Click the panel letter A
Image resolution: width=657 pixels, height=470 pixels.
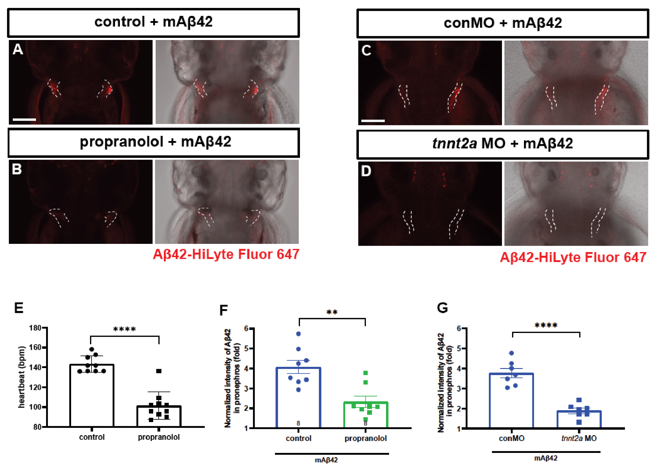click(x=18, y=49)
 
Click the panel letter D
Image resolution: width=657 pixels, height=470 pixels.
click(x=366, y=171)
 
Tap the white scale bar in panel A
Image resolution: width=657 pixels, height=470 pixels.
click(x=24, y=120)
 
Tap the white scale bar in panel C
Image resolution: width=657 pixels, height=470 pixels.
click(x=373, y=121)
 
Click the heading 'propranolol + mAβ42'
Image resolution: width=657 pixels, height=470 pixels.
click(x=155, y=142)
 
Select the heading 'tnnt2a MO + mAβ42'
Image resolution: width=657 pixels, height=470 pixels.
click(x=503, y=144)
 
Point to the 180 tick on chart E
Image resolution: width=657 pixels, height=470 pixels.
click(x=35, y=328)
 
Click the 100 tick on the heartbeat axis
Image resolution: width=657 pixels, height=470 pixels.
click(x=35, y=407)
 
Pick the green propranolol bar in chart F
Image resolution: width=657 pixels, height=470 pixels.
click(x=366, y=415)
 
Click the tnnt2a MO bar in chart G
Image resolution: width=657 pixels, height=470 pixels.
click(x=579, y=420)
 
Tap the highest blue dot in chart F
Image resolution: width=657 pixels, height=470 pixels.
click(x=298, y=334)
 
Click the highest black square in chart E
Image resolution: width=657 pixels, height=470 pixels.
click(x=159, y=371)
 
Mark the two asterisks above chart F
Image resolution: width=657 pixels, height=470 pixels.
click(x=332, y=312)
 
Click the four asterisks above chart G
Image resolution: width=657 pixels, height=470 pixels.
click(x=546, y=325)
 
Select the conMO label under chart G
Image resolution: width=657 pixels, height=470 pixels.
click(x=511, y=439)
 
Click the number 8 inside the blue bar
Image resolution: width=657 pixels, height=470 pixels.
click(x=298, y=423)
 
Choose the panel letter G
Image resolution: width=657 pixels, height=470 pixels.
click(x=442, y=308)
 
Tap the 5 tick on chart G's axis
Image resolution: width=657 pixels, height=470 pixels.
click(x=459, y=349)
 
